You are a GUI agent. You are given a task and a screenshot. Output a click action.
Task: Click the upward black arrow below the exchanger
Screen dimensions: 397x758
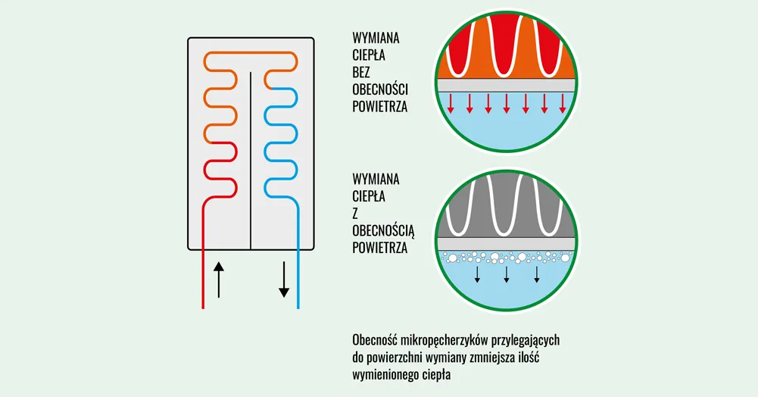click(219, 280)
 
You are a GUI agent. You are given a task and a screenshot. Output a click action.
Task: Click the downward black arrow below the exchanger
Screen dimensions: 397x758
click(284, 280)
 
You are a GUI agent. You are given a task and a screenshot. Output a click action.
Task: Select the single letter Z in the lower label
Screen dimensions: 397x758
click(356, 213)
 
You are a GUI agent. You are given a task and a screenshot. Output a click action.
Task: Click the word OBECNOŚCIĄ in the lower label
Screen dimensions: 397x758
click(380, 230)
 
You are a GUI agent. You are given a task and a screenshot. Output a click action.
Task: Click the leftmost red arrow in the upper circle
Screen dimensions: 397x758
click(451, 104)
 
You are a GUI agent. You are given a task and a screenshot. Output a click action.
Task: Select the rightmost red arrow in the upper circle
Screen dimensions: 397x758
click(562, 104)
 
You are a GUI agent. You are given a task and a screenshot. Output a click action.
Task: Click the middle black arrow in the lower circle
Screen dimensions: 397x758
click(507, 274)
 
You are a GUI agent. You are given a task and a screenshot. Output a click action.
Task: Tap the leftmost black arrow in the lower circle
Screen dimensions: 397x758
click(477, 274)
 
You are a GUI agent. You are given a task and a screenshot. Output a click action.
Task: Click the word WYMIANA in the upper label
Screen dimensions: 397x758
click(376, 37)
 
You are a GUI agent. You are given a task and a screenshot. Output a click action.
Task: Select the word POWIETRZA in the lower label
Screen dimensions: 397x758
click(380, 247)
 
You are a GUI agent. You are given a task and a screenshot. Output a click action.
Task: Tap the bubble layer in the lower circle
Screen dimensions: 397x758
click(507, 258)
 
